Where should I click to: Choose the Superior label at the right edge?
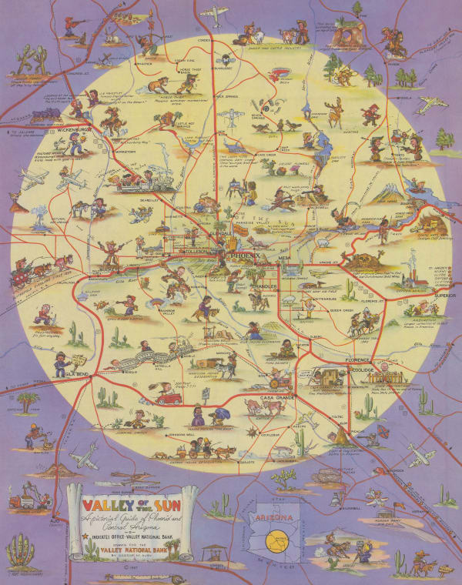pos(445,294)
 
